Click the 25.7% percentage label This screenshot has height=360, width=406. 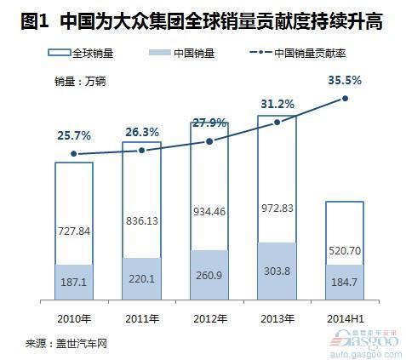[x=73, y=135]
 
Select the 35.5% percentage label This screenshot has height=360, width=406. [x=345, y=80]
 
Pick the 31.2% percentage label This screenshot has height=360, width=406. [x=277, y=104]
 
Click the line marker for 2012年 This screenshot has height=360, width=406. [x=209, y=140]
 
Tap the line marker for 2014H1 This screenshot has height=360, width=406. [x=346, y=99]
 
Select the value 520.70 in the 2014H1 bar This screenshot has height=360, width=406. [x=346, y=250]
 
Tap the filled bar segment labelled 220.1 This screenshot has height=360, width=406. [x=141, y=278]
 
